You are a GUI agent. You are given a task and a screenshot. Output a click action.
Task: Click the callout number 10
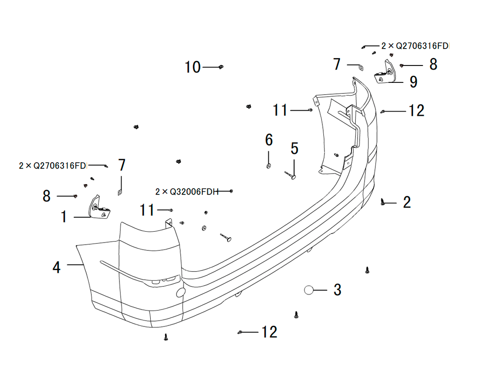(x=192, y=67)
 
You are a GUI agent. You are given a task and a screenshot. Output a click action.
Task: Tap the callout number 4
(x=57, y=267)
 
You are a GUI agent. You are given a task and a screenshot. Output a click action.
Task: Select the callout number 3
(x=337, y=290)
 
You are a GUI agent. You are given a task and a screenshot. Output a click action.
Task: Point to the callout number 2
(x=407, y=202)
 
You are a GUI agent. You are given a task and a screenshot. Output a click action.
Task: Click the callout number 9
(x=414, y=82)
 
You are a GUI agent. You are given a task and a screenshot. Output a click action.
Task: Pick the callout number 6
(x=269, y=140)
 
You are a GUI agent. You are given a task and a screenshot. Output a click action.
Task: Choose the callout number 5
(x=295, y=148)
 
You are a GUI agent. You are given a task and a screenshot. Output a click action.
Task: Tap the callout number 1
(x=64, y=217)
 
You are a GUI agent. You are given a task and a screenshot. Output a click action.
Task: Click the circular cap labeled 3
(x=309, y=290)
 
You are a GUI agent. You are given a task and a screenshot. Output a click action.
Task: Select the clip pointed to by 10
(x=221, y=67)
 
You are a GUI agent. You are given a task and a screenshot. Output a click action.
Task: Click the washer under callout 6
(x=268, y=166)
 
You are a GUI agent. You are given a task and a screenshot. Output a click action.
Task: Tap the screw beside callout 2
(x=383, y=201)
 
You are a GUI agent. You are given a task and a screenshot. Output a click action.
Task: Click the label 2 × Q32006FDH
(x=187, y=191)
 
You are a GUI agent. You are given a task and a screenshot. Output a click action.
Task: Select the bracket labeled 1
(x=100, y=207)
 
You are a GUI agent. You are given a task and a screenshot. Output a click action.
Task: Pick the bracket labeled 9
(x=385, y=72)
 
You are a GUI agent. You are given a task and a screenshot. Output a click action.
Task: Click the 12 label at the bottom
(x=269, y=332)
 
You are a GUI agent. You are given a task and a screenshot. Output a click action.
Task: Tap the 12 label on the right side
(x=416, y=111)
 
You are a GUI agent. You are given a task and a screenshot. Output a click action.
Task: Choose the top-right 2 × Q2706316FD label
(x=415, y=46)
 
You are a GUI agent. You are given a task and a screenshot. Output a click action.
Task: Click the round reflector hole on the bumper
(x=181, y=292)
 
